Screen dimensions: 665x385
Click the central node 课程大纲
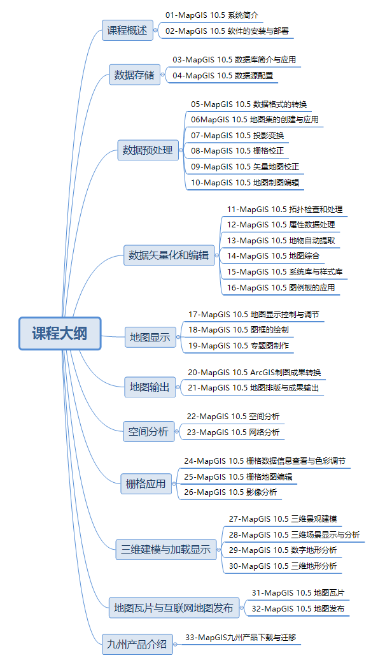(x=60, y=333)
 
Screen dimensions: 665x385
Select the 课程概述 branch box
(x=127, y=29)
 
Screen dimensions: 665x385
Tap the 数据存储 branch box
(x=134, y=75)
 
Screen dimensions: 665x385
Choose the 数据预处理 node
(x=148, y=150)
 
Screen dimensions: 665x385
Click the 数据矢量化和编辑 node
(x=168, y=255)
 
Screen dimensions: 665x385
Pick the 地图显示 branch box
(x=150, y=338)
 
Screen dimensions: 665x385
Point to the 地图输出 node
(x=150, y=387)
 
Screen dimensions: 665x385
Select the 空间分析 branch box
(x=148, y=432)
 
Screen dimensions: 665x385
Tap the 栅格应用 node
(x=145, y=483)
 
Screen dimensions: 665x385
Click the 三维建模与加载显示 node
(x=165, y=549)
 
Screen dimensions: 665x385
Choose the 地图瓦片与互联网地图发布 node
(x=173, y=608)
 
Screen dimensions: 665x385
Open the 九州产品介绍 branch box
(x=136, y=644)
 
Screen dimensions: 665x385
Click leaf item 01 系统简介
(x=211, y=14)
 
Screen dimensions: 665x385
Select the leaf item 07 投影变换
(x=237, y=135)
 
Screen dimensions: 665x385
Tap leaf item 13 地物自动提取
(x=281, y=240)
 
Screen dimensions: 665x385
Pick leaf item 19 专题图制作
(x=239, y=345)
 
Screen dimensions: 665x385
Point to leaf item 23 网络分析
(x=232, y=432)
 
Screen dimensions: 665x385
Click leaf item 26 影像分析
(x=230, y=492)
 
